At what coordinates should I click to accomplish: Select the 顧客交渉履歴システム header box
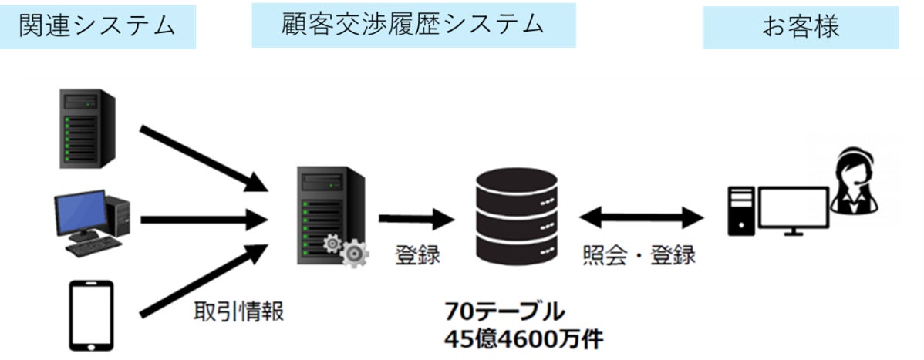point(413,25)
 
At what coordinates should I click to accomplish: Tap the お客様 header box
point(800,28)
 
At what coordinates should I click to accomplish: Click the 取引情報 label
point(238,312)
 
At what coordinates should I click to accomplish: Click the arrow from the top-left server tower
point(203,156)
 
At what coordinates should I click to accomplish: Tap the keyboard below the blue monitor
point(93,246)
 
